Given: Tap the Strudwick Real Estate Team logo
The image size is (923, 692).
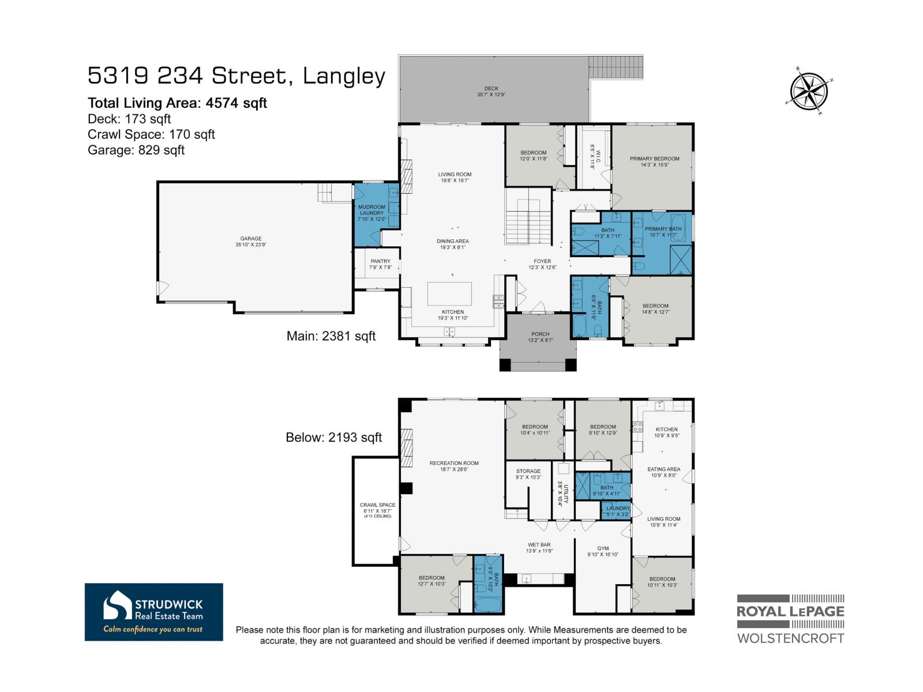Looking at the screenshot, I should pyautogui.click(x=153, y=612).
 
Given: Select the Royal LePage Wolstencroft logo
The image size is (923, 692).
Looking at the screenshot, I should pyautogui.click(x=790, y=619).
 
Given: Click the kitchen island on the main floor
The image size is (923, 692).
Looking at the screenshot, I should pyautogui.click(x=449, y=294).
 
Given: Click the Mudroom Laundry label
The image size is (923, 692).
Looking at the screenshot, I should pyautogui.click(x=372, y=210).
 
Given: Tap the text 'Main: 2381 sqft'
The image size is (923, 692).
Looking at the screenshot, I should pyautogui.click(x=331, y=336).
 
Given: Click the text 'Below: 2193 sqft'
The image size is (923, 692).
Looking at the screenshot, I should pyautogui.click(x=333, y=437).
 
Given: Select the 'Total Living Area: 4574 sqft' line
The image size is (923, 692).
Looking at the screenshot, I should pyautogui.click(x=177, y=103).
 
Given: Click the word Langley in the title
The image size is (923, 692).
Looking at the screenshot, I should pyautogui.click(x=344, y=76).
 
